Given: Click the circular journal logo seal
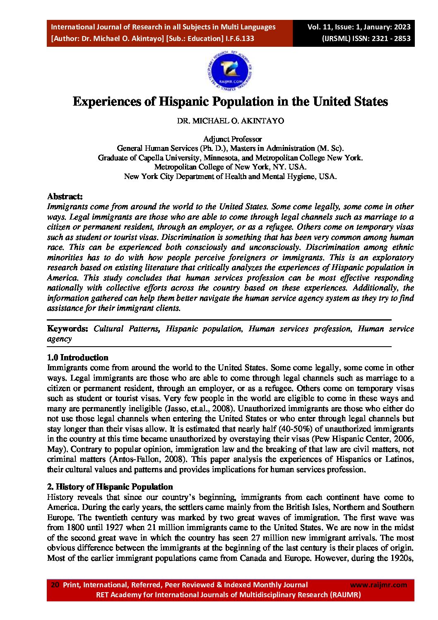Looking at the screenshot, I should [x=230, y=70].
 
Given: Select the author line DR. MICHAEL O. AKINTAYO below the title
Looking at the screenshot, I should [x=230, y=121].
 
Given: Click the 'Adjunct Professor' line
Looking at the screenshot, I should [x=232, y=139].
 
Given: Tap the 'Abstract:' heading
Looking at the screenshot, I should [x=65, y=196].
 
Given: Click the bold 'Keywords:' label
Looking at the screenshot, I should [x=67, y=329].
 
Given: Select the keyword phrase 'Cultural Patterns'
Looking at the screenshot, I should [x=126, y=329].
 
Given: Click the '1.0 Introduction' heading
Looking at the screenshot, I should [x=77, y=357].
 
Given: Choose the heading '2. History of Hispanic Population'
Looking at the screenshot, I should [x=110, y=487].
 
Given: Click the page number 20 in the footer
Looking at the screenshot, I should [x=55, y=585].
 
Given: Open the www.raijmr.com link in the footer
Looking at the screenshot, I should [x=378, y=585].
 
